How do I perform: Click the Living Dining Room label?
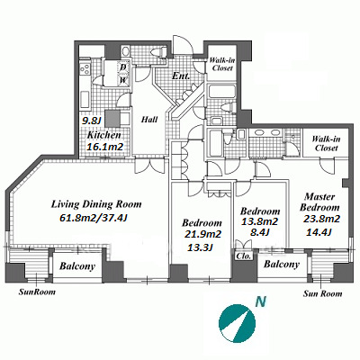[96, 204]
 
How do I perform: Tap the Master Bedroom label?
[319, 202]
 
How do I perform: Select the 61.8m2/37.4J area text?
[94, 218]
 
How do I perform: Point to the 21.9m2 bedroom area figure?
[202, 234]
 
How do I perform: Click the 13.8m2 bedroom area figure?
[260, 221]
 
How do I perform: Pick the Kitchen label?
[103, 135]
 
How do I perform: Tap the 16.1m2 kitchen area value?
[104, 147]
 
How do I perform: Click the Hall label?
[149, 120]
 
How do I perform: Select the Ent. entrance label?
[181, 76]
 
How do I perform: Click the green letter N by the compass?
[261, 301]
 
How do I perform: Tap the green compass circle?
[238, 322]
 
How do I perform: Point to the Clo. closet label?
[243, 256]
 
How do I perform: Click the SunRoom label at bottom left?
[37, 292]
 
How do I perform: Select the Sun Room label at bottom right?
[322, 293]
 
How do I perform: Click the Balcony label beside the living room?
[77, 266]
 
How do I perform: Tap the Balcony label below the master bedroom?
[282, 265]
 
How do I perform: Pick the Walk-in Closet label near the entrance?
[222, 64]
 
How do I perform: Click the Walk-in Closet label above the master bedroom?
[326, 143]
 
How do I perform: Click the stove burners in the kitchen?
[85, 69]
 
